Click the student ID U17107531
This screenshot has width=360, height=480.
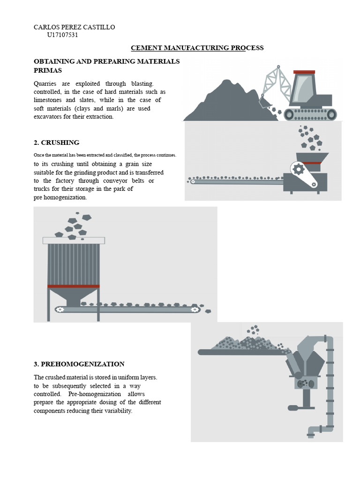[62, 35]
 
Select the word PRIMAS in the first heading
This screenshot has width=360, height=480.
[48, 70]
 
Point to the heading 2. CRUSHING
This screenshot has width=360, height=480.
[56, 142]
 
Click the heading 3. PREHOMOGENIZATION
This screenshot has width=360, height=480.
[79, 364]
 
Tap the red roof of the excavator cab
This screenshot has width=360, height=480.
[304, 72]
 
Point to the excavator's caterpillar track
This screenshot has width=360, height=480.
[310, 114]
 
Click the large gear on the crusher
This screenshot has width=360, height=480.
[298, 169]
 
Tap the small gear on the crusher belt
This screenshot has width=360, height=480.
[314, 184]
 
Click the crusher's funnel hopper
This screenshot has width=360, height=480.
[312, 157]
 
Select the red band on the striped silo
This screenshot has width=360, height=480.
[74, 286]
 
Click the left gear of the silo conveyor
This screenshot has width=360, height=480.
[60, 309]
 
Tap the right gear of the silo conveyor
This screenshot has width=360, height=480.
[194, 309]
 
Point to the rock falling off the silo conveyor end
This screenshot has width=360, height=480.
[208, 311]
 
